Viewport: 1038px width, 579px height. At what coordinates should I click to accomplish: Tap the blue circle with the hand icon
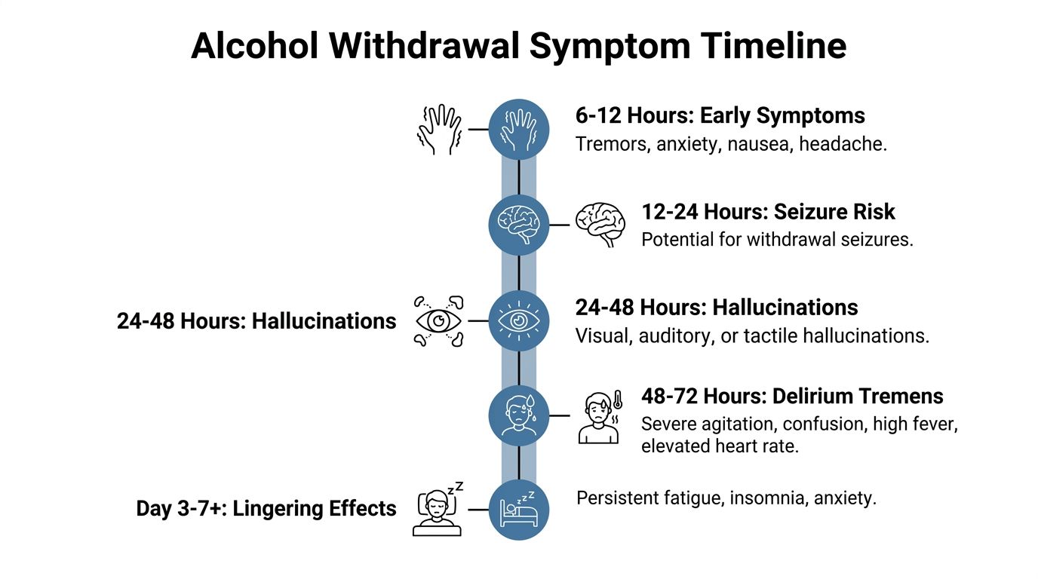tap(519, 129)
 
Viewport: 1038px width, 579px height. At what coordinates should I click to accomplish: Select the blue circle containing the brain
tap(519, 225)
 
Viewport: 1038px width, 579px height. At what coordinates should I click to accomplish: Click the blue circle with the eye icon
tap(519, 320)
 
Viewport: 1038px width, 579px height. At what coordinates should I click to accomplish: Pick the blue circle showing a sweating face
tap(519, 415)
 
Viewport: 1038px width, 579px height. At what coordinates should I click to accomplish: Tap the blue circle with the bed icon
tap(519, 510)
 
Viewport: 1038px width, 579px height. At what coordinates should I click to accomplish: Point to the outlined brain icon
tap(600, 225)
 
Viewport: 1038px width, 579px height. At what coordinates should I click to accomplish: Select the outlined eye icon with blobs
tap(439, 320)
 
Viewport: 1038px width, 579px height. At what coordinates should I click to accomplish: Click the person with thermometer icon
tap(600, 416)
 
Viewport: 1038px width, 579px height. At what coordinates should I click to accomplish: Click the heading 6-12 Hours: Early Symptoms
tap(720, 116)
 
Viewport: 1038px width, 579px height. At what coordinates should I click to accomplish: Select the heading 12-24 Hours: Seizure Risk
tap(768, 212)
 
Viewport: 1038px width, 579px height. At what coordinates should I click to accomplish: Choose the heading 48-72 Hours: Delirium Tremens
tap(792, 397)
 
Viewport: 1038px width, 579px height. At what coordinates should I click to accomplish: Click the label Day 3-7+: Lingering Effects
tap(266, 509)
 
